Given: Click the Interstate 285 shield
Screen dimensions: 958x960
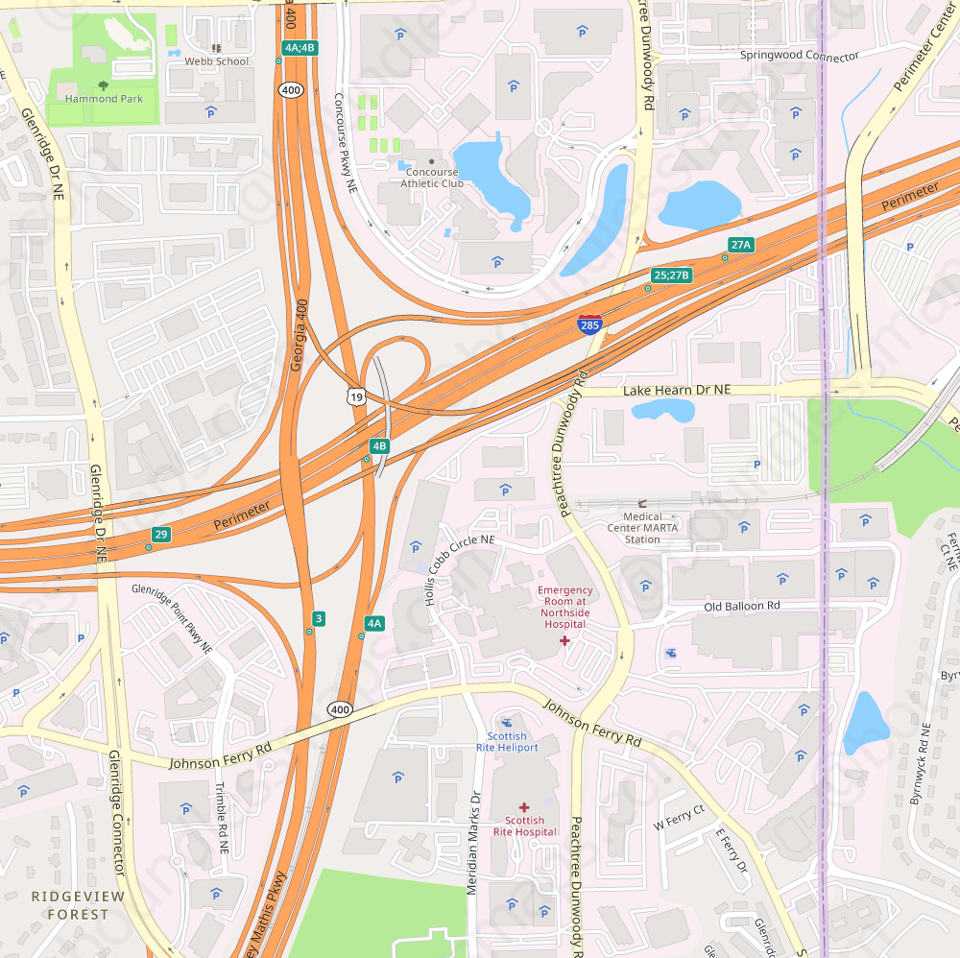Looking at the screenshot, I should [590, 323].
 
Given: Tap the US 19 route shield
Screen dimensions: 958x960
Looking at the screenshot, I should [356, 396].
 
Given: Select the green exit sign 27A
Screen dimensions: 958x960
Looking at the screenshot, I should [740, 245].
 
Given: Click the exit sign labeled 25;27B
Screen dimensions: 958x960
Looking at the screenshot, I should [671, 275].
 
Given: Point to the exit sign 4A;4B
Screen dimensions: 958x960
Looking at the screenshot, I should [300, 47].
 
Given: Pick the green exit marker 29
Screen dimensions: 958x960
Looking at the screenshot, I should [161, 534].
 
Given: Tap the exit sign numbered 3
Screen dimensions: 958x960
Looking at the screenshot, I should [319, 618].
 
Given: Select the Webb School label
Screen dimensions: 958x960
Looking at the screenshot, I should [217, 61].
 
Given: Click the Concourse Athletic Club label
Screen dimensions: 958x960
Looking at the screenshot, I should [432, 178].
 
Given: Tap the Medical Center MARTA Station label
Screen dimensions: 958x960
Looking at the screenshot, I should [643, 527].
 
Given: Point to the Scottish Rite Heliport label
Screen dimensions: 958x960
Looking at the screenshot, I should [507, 747].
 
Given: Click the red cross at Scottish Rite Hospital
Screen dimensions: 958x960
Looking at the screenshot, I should [524, 808].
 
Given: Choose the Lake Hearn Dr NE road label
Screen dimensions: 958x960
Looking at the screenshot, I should [677, 391].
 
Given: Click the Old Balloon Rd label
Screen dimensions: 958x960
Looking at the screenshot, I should [742, 607].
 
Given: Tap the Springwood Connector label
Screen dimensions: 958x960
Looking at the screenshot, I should [800, 56].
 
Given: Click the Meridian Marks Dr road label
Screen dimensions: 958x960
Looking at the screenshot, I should [472, 844].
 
